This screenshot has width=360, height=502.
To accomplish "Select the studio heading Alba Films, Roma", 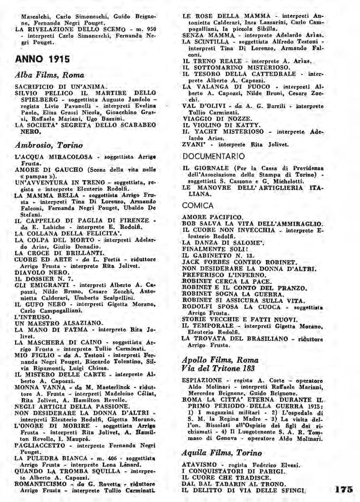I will tap(49, 75).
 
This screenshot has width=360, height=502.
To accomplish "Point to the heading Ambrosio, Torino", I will tap(49, 145).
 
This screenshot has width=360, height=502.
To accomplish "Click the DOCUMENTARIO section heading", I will tap(214, 156).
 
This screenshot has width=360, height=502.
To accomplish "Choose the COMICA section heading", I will tap(198, 206).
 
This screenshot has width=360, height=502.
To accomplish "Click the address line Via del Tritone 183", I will tap(218, 368).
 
